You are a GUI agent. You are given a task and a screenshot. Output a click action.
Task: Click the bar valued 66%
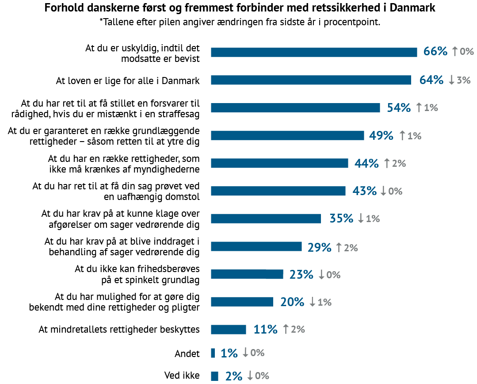(x=314, y=52)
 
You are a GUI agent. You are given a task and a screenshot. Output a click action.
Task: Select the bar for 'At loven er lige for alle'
(x=311, y=80)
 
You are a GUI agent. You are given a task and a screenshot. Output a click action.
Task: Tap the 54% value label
(x=398, y=108)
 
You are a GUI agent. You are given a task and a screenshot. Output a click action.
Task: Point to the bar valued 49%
(x=287, y=135)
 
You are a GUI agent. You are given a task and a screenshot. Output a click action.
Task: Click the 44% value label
(x=366, y=163)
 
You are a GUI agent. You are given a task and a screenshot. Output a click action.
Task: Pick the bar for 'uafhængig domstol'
(x=278, y=191)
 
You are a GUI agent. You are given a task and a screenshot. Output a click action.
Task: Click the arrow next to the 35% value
(x=361, y=219)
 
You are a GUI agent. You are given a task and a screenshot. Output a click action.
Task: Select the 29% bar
(x=256, y=246)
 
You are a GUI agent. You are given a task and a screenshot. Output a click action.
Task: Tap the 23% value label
(x=301, y=274)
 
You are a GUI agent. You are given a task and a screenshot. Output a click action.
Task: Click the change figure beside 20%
(x=324, y=302)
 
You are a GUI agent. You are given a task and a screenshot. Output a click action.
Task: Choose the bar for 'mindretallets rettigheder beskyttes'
(x=229, y=330)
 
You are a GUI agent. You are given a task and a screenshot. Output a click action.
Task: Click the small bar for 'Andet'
(x=213, y=353)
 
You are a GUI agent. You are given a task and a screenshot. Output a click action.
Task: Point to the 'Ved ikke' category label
(x=182, y=376)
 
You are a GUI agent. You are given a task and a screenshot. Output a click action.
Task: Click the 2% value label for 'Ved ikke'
(x=233, y=376)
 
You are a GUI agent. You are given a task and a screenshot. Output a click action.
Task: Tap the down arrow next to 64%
(x=451, y=80)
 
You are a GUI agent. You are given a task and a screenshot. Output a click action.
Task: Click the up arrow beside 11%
(x=286, y=329)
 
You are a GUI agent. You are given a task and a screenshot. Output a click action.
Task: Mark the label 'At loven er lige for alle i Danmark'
(x=128, y=81)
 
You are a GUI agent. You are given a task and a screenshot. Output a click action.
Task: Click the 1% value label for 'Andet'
(x=229, y=353)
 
